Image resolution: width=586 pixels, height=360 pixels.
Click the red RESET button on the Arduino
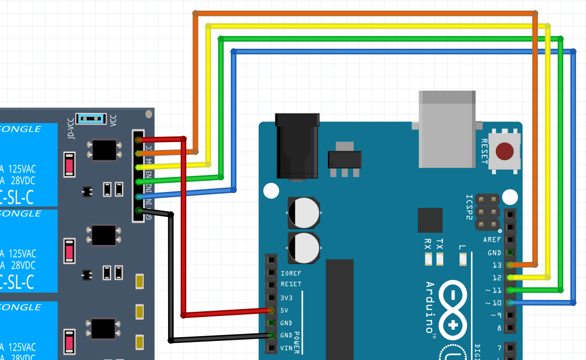(x=504, y=152)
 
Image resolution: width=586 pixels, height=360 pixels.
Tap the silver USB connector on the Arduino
(x=447, y=129)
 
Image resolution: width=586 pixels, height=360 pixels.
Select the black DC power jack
(x=297, y=146)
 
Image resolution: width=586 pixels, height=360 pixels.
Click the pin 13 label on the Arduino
(x=496, y=265)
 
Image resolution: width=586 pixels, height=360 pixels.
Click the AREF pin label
(x=492, y=240)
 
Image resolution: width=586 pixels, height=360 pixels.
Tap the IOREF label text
(x=291, y=274)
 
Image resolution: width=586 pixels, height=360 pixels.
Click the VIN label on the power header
(x=286, y=348)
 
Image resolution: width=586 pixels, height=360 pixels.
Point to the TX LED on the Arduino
(x=440, y=259)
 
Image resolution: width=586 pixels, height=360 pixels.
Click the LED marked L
(x=462, y=259)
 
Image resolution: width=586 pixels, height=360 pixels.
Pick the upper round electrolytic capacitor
(x=304, y=213)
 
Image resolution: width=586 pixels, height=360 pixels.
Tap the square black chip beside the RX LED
(x=430, y=220)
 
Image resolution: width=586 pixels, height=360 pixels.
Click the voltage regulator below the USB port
(x=345, y=159)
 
